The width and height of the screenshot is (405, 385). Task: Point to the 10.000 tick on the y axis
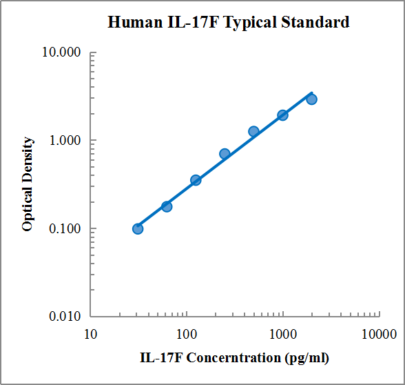[63, 52]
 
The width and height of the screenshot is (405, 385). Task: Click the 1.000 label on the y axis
[65, 141]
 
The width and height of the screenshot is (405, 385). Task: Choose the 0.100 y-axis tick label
[65, 229]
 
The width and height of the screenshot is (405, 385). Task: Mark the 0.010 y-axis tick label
[65, 317]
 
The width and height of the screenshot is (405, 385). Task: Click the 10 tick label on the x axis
[90, 335]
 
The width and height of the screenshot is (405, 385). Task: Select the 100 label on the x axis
[186, 335]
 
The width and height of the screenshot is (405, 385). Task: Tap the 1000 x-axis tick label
[282, 335]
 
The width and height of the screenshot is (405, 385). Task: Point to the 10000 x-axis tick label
[378, 335]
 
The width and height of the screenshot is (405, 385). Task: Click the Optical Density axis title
[28, 184]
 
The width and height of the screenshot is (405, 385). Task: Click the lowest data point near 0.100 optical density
[138, 228]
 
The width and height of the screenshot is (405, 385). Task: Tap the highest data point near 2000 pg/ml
[311, 99]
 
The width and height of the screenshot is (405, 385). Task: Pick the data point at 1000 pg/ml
[282, 115]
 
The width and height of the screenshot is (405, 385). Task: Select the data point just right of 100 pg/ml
[196, 179]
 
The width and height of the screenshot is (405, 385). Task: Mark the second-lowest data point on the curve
[167, 206]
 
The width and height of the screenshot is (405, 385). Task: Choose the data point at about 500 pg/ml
[253, 131]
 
